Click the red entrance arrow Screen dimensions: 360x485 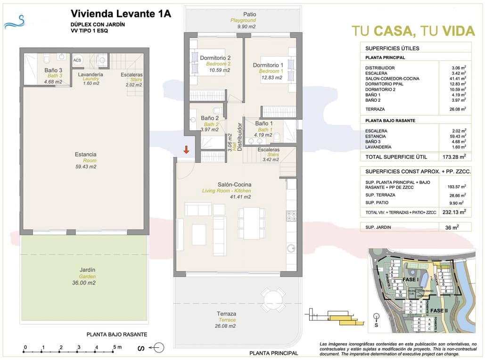coord(187,150)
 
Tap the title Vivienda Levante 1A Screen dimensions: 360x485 coord(121,14)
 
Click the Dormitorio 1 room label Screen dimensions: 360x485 coord(268,65)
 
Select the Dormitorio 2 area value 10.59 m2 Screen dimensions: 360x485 coord(220,71)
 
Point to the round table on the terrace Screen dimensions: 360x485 coord(273,298)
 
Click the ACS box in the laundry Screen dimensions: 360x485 coord(77,60)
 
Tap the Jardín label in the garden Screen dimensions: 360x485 coord(87,270)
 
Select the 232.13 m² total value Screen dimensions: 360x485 coord(455,212)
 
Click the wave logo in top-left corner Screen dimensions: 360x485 coord(14,22)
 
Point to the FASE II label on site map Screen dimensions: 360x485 coord(439,311)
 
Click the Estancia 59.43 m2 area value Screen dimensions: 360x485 coord(86,167)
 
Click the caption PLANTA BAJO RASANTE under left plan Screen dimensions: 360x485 coord(117,335)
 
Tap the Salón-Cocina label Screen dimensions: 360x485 coord(234,184)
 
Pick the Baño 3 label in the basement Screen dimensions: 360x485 coord(53,70)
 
